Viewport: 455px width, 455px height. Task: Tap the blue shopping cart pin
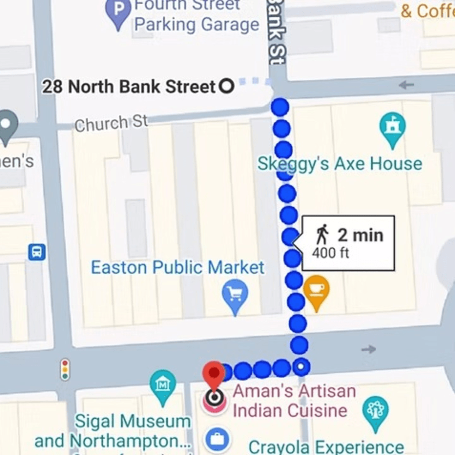235,294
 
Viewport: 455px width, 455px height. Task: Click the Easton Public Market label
178,268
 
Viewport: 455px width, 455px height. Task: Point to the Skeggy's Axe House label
340,164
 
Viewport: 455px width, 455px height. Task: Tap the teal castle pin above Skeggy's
392,127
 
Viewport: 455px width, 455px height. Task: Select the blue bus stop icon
37,252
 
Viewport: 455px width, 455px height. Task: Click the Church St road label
111,123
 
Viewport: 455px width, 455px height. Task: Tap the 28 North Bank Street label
129,87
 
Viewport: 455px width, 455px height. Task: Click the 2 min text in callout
360,235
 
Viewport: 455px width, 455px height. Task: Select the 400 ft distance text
331,253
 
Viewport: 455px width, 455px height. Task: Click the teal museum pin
163,385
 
